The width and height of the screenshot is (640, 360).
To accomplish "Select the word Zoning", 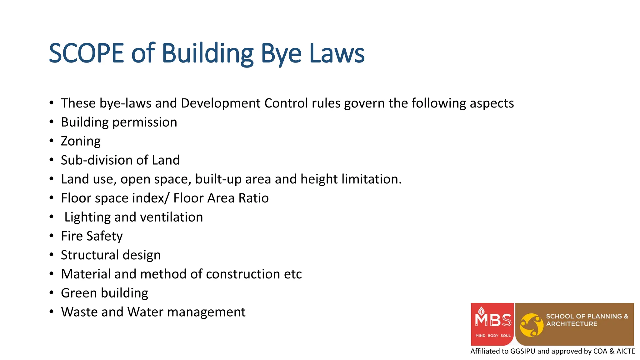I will [x=81, y=141].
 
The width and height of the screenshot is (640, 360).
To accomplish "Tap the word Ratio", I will [x=253, y=198].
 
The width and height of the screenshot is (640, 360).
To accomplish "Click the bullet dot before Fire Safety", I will [x=52, y=236].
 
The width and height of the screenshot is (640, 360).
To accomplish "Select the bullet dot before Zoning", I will [x=52, y=141].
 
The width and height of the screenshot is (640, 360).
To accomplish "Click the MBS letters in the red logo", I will [x=493, y=320].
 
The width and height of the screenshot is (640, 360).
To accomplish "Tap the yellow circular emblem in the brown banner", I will [x=532, y=325].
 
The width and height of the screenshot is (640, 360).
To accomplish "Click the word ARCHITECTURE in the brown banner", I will [x=572, y=324].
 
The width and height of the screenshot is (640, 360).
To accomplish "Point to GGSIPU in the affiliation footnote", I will [x=522, y=351].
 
